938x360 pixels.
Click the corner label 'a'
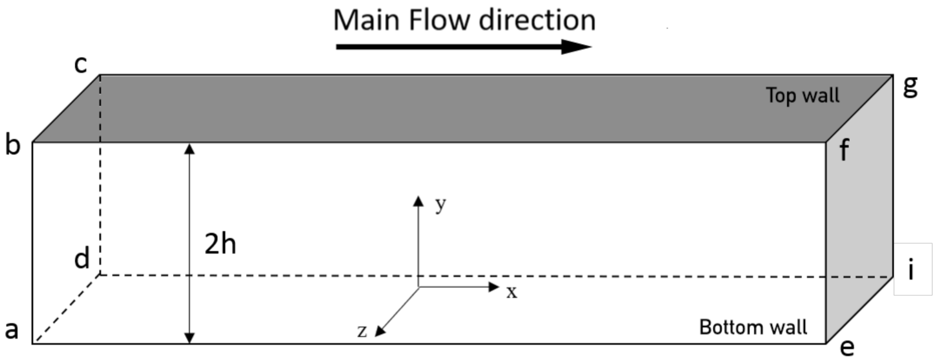tap(12, 330)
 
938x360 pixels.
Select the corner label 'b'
tap(12, 145)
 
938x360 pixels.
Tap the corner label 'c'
tap(81, 64)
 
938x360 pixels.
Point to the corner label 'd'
tap(82, 259)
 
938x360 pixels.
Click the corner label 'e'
tap(846, 348)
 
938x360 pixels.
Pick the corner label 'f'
tap(844, 150)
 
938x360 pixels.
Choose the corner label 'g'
tap(910, 86)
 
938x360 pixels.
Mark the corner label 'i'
tap(911, 269)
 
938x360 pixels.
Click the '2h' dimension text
tap(220, 244)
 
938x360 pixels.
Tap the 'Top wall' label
tap(803, 95)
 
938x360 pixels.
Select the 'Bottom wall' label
tap(753, 327)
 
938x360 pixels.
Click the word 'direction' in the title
tap(537, 20)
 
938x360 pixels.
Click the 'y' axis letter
tap(440, 205)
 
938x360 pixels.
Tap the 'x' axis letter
tap(511, 292)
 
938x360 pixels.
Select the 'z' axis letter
tap(362, 331)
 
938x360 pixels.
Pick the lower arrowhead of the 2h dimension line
tap(189, 338)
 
